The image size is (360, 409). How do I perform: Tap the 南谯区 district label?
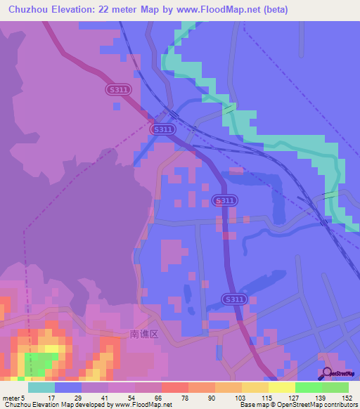tap(145, 335)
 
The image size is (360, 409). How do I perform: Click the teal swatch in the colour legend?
tap(41, 387)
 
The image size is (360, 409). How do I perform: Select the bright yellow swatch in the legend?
tap(281, 387)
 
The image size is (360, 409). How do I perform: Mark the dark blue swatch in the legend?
tap(67, 387)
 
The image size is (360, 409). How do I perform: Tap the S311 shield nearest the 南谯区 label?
tap(236, 299)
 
